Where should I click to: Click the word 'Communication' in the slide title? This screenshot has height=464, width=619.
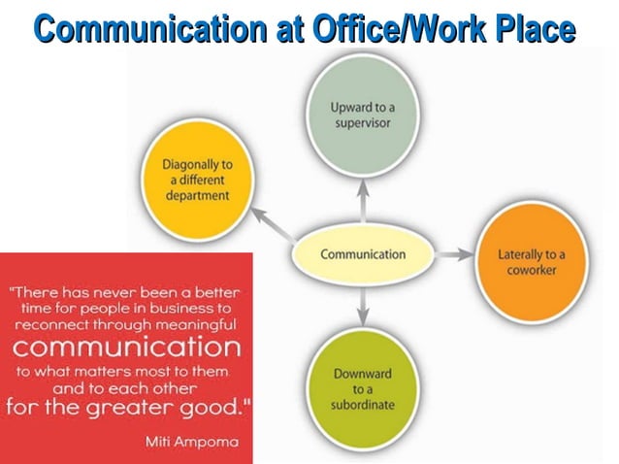[136, 29]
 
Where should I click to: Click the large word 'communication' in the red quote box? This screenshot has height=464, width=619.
[125, 347]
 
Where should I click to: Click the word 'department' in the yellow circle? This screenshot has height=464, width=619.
[197, 195]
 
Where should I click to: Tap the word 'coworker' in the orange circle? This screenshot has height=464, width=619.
[531, 271]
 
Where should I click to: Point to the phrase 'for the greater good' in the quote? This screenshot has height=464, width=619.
[121, 404]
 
